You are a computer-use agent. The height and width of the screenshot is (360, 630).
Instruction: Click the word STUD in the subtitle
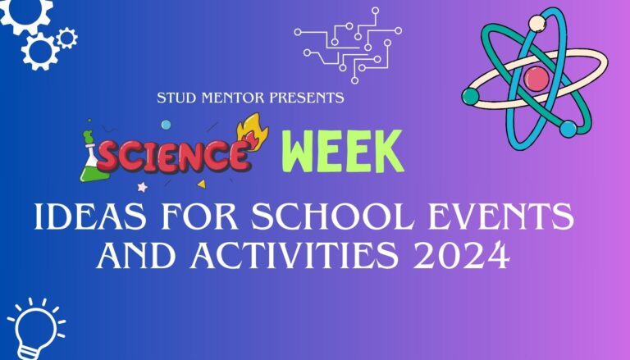tap(174, 98)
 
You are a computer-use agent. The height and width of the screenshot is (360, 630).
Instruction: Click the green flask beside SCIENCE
tap(92, 164)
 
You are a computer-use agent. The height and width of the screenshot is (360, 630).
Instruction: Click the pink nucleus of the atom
tap(536, 79)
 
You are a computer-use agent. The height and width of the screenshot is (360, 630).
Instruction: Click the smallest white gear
tap(66, 36)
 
